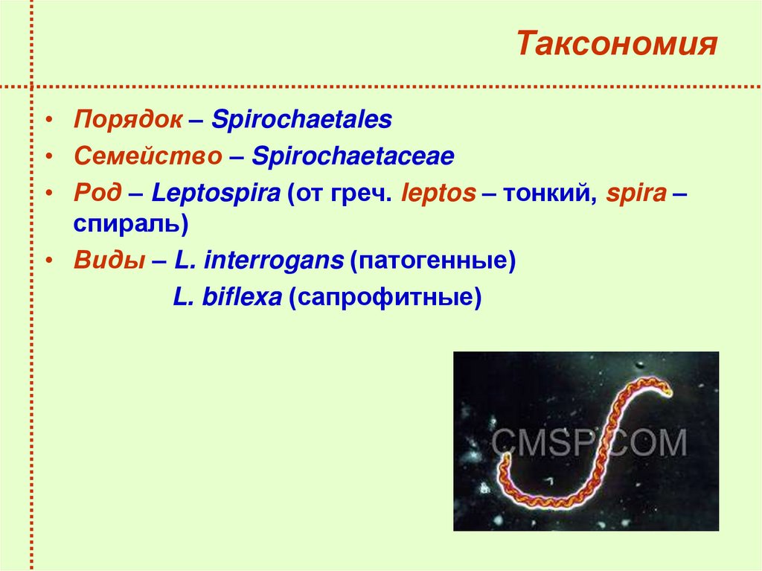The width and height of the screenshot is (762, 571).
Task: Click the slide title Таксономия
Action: [617, 45]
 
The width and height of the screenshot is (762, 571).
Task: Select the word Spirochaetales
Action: [301, 120]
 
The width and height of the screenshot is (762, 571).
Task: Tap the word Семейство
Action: [147, 157]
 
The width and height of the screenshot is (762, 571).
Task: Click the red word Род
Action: [97, 194]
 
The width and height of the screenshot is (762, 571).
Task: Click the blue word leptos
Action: [438, 194]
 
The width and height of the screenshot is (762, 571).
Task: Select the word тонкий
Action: [548, 194]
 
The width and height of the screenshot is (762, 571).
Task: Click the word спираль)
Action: [129, 223]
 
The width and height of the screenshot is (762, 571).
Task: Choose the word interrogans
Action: [273, 261]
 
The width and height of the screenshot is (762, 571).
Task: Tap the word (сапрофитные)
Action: [385, 299]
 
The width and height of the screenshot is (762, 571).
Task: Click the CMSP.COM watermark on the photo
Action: [588, 442]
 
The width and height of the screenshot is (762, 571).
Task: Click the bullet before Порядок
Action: [48, 121]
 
